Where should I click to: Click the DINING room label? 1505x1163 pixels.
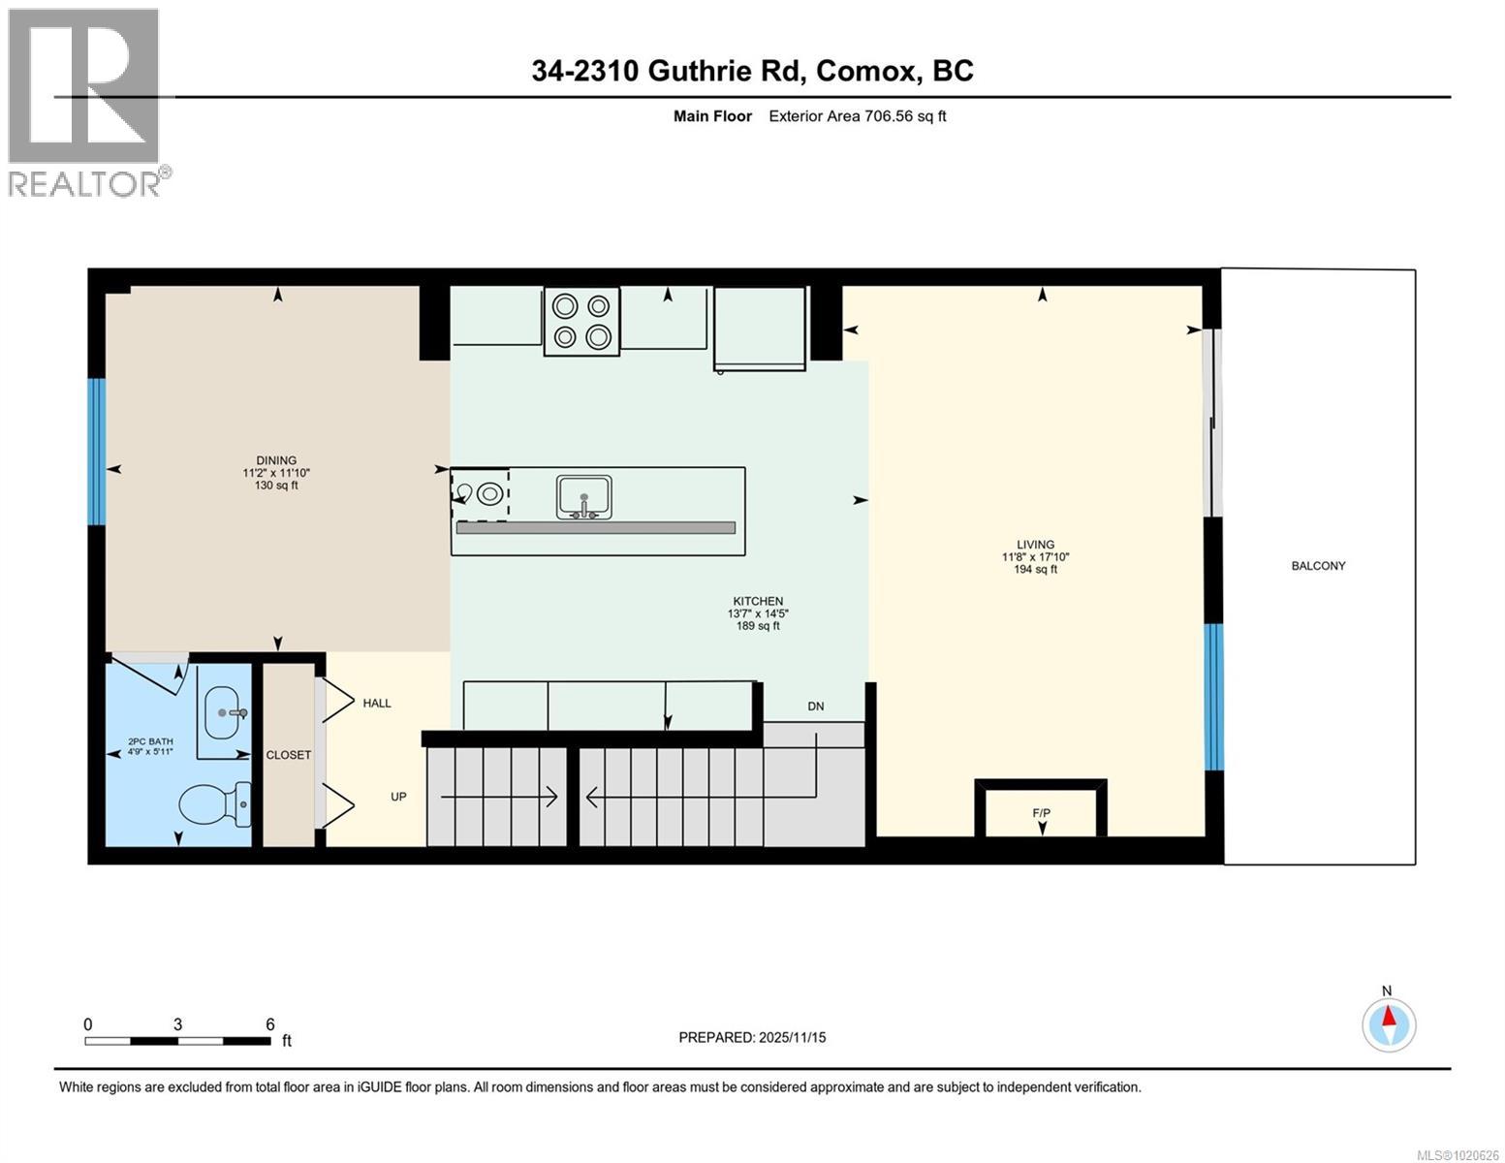pos(276,461)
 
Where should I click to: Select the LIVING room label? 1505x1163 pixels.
pos(1035,545)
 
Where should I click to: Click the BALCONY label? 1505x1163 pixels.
pos(1318,566)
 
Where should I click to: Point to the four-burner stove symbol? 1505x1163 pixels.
pos(581,321)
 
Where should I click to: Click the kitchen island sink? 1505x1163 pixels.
pos(583,496)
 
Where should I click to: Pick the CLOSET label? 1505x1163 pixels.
pos(289,755)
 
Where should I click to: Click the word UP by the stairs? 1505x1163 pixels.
pos(398,797)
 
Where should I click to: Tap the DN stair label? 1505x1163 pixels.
pos(816,707)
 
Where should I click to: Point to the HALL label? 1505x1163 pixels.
pos(377,704)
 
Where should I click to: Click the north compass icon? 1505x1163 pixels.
pos(1389,1023)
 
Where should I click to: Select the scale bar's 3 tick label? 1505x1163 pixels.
pos(177,1024)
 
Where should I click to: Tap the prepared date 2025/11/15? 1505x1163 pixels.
pos(791,1038)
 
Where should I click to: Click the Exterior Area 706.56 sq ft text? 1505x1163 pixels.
pos(857,116)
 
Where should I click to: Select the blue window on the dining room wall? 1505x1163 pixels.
pos(96,452)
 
